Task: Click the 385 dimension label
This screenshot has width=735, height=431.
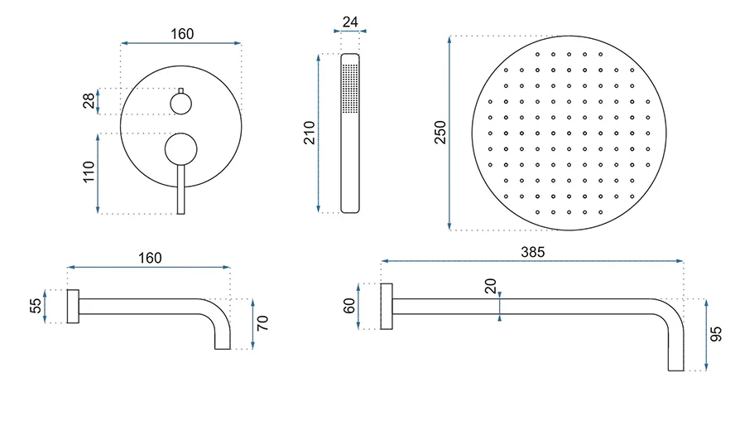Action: [532, 252]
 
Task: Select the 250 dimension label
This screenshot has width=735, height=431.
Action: [440, 133]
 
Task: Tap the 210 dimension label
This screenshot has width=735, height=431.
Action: [309, 133]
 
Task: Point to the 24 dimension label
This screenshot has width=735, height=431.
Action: [350, 22]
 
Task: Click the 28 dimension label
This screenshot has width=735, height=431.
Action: [89, 101]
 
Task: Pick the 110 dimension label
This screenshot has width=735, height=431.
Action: [89, 172]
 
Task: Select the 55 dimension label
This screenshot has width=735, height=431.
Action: [36, 306]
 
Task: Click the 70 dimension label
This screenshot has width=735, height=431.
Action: [262, 323]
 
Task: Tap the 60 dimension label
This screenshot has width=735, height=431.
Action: [349, 306]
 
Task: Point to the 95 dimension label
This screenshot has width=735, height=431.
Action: [716, 334]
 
